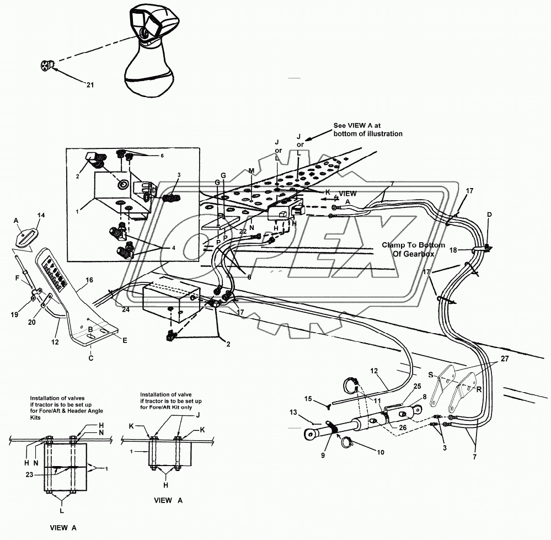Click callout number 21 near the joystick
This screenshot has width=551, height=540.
point(90,84)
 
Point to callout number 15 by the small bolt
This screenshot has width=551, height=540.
point(308,398)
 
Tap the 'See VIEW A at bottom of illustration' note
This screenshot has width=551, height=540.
point(368,129)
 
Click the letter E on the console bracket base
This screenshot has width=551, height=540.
point(125,341)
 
